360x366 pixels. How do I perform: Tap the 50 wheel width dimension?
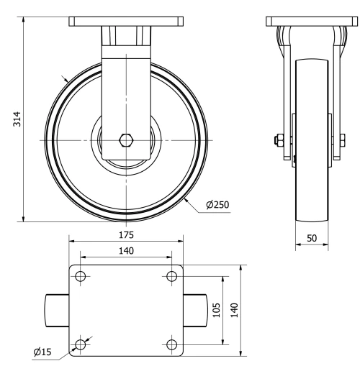(x=312, y=237)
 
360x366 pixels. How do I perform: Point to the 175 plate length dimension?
(x=126, y=234)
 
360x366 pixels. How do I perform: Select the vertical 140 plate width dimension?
(x=235, y=309)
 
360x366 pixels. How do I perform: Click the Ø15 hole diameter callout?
(x=42, y=352)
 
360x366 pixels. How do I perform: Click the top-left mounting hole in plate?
(x=81, y=277)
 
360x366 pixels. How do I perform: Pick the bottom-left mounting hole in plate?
(x=81, y=344)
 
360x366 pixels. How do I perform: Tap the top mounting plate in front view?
(x=127, y=22)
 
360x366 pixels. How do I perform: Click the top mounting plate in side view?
(x=312, y=22)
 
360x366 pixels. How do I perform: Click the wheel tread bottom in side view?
(x=312, y=216)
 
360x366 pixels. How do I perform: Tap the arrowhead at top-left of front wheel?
(x=66, y=79)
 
